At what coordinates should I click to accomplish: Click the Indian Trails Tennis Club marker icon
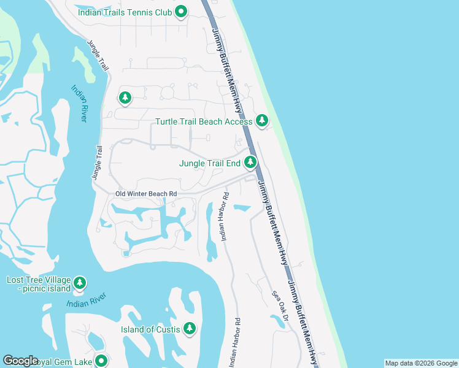(x=181, y=12)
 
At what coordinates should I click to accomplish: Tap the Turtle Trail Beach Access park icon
(x=262, y=121)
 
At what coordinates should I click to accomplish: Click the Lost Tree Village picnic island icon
(x=79, y=283)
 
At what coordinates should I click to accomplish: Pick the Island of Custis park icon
(x=190, y=329)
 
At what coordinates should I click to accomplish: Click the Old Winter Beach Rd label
(x=146, y=194)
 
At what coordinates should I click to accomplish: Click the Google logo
(x=20, y=361)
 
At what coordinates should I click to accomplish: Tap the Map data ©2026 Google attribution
(x=420, y=363)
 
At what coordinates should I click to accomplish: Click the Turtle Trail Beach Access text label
(x=203, y=121)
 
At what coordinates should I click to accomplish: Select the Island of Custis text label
(x=150, y=330)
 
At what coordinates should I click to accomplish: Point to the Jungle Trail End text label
(x=209, y=164)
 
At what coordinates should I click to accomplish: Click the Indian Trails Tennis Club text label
(x=124, y=12)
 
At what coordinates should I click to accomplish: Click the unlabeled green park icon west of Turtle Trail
(x=125, y=98)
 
